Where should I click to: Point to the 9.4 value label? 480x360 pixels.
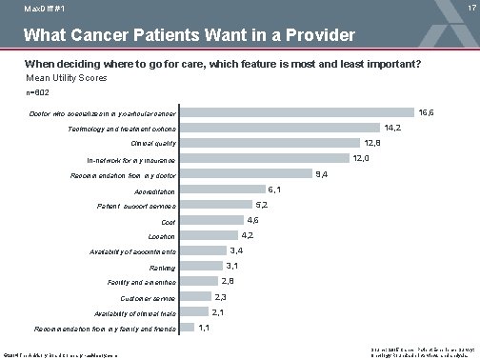(322, 174)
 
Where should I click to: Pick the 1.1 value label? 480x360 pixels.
(204, 328)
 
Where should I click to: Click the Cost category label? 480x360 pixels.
(169, 221)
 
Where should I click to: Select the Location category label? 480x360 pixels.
(161, 236)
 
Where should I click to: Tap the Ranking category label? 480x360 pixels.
(162, 268)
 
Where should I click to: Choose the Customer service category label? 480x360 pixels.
(148, 298)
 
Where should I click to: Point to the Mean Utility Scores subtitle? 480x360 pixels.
(66, 77)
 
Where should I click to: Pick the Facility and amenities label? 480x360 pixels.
(146, 283)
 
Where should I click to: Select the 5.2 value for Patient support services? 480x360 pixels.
(261, 205)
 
